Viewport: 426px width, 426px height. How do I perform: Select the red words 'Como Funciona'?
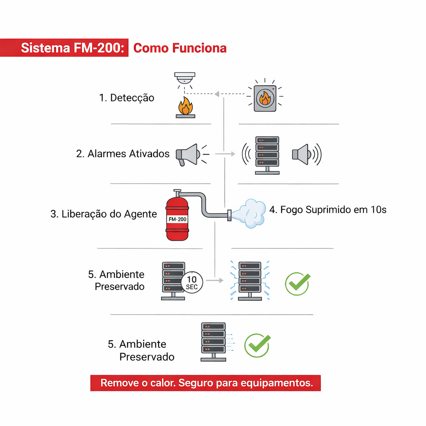pos(180,48)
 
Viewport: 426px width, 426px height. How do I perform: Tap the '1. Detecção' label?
pos(126,98)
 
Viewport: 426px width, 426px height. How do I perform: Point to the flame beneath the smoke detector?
pos(185,106)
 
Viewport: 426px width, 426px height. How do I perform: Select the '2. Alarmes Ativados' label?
pos(123,154)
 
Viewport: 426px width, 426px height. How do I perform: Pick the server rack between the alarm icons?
pos(267,154)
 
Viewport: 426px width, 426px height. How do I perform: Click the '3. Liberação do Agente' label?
pos(104,214)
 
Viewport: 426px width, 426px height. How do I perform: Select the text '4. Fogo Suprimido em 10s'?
pos(328,210)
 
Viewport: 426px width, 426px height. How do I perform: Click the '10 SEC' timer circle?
pos(192,283)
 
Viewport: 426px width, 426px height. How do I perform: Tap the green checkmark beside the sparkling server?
pos(297,284)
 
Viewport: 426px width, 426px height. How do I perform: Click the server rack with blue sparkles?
pos(250,280)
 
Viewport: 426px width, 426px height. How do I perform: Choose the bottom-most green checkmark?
pos(257,345)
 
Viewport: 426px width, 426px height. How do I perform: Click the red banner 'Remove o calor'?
pos(206,383)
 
